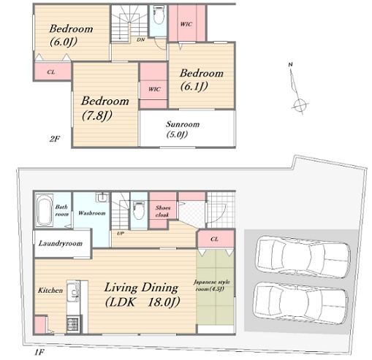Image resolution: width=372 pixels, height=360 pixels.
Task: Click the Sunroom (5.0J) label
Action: (183, 129)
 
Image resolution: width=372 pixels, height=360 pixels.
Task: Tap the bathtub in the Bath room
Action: (45, 210)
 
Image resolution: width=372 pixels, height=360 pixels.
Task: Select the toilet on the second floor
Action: (159, 15)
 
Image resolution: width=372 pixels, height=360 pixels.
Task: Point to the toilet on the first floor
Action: (139, 210)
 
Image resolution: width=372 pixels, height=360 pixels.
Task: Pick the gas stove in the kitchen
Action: (73, 324)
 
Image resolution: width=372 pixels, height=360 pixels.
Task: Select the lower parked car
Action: (301, 303)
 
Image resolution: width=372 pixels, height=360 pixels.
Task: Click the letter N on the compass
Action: (290, 64)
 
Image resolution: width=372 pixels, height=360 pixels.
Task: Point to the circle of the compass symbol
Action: (300, 105)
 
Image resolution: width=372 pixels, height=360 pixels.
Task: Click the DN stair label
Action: (140, 39)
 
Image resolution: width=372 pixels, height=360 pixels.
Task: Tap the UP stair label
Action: (121, 234)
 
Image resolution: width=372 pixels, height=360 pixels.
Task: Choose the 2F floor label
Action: (55, 139)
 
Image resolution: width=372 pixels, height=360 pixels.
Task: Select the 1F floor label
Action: (39, 352)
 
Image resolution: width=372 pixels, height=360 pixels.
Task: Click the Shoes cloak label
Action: (163, 211)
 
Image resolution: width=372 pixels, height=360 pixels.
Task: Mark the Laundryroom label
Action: (61, 243)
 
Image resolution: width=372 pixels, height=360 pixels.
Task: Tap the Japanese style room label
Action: (211, 286)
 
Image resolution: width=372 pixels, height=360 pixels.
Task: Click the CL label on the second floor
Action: (51, 72)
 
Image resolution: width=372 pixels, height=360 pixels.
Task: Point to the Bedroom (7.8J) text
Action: (105, 108)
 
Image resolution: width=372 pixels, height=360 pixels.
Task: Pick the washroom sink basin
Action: (102, 197)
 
